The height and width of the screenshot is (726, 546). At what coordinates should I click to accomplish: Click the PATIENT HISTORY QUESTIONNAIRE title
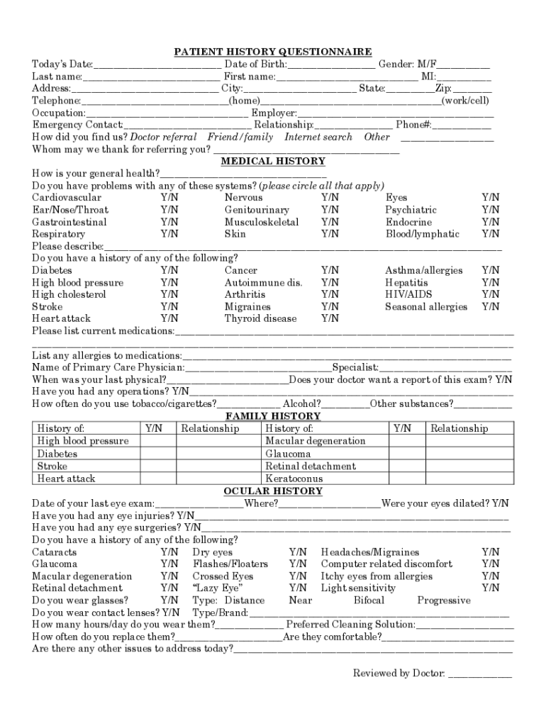(273, 52)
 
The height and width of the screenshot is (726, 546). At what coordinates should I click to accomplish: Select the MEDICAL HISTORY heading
(273, 162)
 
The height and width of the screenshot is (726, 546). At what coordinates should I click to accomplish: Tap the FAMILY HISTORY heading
(273, 416)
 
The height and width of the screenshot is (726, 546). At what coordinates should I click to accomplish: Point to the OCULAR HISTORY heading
(273, 491)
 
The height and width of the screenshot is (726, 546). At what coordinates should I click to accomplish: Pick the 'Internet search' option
(318, 138)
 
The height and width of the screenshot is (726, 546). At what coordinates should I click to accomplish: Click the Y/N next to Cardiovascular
(169, 198)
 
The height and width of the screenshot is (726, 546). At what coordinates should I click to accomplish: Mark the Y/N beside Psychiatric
(490, 210)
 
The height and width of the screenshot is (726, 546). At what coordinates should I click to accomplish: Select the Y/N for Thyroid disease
(330, 319)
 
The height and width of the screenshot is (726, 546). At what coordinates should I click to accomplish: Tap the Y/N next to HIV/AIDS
(490, 295)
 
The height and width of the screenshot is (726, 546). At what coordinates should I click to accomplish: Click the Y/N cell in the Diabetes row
(158, 454)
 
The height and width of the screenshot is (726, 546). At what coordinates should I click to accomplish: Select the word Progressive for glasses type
(443, 601)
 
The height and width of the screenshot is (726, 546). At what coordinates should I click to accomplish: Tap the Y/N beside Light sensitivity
(490, 588)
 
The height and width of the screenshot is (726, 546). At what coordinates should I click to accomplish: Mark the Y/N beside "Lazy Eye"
(298, 588)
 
